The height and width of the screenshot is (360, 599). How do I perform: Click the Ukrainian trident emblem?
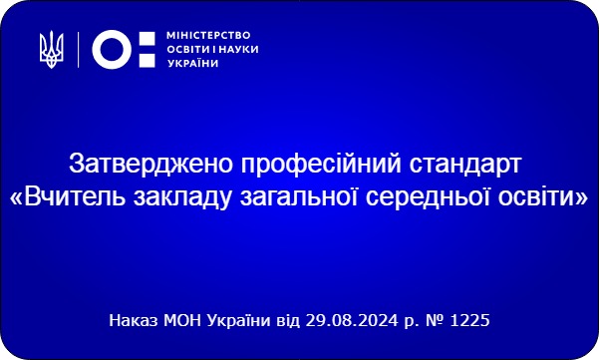click(x=52, y=50)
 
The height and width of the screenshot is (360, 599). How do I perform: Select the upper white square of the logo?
click(x=148, y=39)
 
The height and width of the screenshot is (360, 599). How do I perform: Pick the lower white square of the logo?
click(x=148, y=60)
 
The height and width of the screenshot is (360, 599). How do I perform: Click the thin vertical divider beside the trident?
click(x=79, y=50)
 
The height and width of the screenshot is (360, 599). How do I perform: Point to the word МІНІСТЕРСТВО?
click(x=208, y=36)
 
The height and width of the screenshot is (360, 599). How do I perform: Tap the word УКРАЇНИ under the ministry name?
click(x=193, y=63)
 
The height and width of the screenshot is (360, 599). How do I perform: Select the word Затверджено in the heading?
click(x=150, y=164)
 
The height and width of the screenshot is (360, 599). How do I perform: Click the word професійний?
click(x=321, y=165)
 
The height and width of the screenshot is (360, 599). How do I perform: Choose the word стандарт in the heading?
click(x=465, y=165)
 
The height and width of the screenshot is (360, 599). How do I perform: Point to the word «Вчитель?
click(x=68, y=198)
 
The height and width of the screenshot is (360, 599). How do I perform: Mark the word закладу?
click(x=182, y=198)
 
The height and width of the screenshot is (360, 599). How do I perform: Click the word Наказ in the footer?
click(x=133, y=320)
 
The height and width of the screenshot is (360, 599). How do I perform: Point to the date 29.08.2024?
click(x=352, y=320)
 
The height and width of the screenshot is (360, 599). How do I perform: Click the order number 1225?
click(x=469, y=320)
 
